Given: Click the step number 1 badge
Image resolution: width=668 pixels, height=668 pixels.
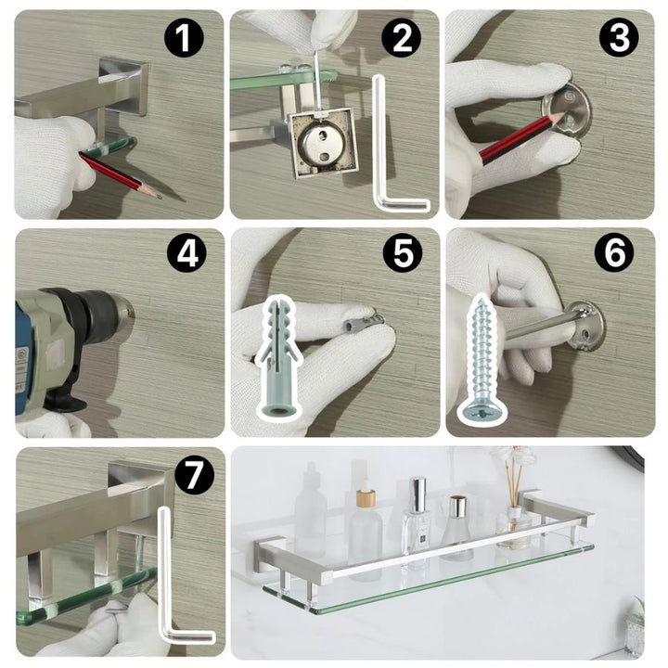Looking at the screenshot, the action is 184,38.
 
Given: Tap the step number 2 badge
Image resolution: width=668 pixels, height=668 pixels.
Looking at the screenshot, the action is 401,38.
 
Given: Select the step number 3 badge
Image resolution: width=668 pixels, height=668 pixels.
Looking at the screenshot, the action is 619,38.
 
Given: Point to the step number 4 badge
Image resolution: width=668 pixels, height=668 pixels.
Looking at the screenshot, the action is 186,255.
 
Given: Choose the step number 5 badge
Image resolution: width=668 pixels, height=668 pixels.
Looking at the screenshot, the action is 403,253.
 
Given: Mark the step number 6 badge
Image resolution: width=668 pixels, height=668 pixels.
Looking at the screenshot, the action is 614,253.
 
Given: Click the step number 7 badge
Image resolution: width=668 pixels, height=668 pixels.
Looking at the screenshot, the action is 193,475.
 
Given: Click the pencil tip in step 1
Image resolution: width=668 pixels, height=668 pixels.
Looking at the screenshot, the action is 159,197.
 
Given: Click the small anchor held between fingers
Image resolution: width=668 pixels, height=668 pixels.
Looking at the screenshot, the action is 363,324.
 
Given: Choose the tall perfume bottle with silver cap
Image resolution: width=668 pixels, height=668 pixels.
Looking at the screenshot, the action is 417,521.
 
